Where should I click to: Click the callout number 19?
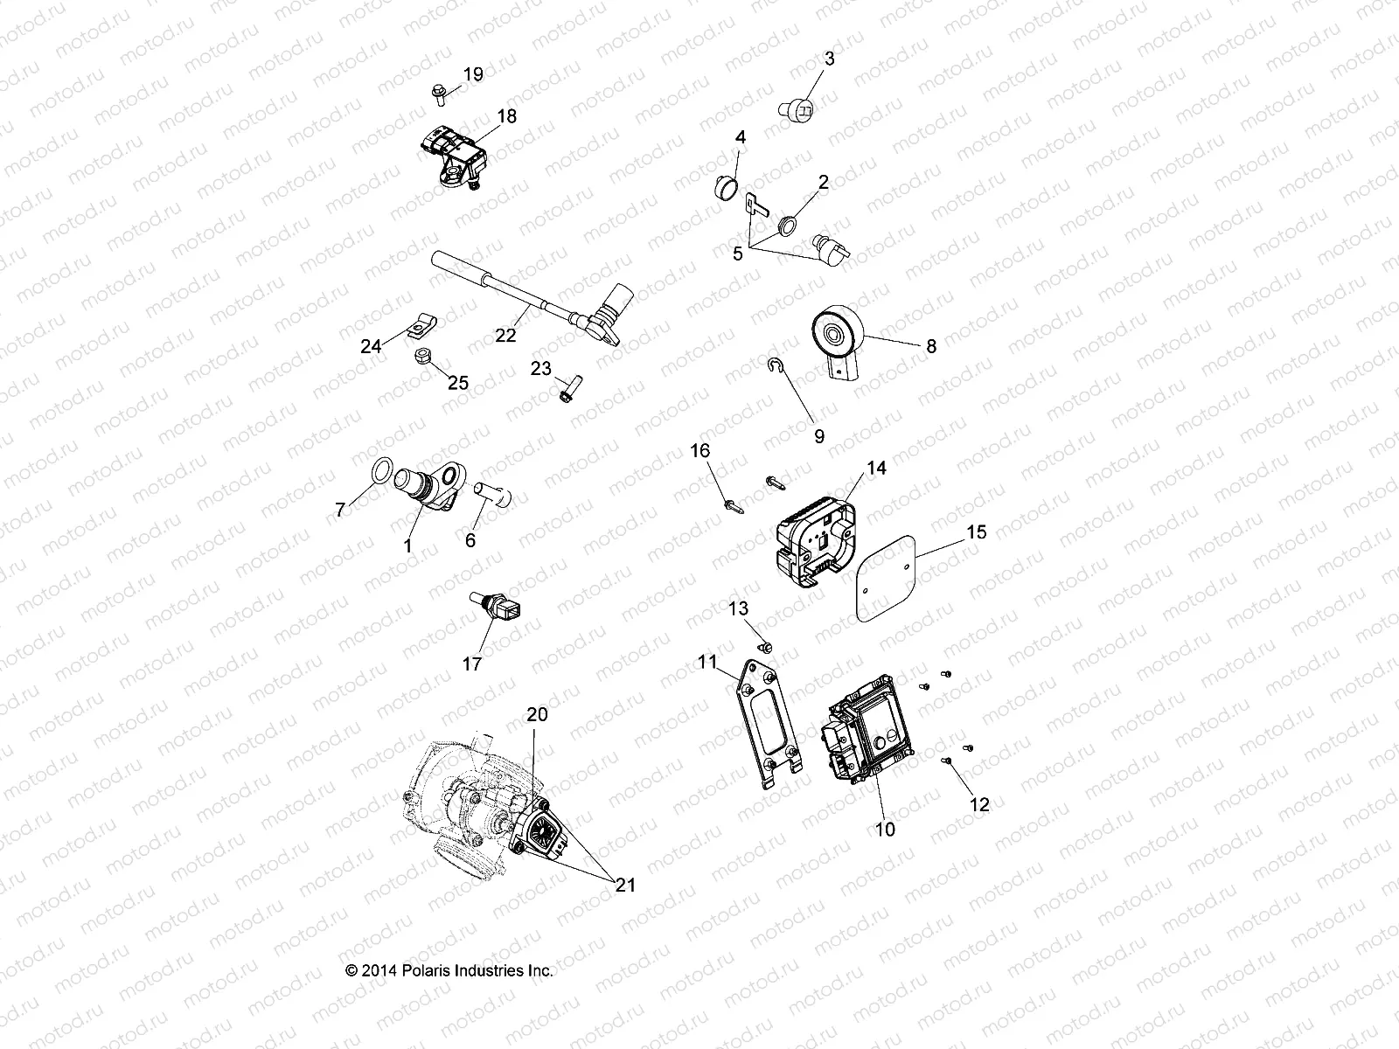472,74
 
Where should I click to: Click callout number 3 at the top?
829,59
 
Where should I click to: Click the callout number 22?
505,335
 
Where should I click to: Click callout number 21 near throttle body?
624,885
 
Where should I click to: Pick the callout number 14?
876,469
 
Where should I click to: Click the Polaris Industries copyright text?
449,970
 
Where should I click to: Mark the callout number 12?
979,804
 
